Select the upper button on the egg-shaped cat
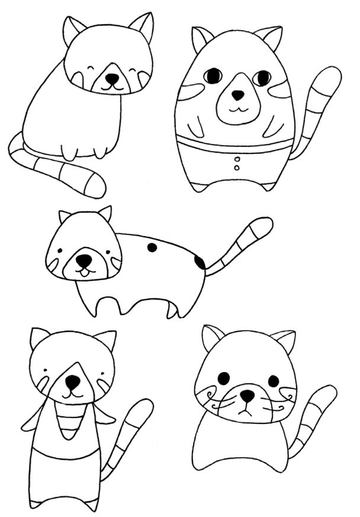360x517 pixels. click(x=237, y=159)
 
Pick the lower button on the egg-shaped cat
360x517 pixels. click(x=237, y=168)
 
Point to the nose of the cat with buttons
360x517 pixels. click(x=237, y=95)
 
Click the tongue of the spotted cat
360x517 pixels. click(x=85, y=272)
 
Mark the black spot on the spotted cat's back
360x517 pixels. click(x=152, y=248)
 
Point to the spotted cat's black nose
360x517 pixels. click(x=84, y=259)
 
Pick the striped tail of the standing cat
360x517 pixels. click(x=127, y=435)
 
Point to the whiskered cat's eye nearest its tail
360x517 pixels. click(x=273, y=381)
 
